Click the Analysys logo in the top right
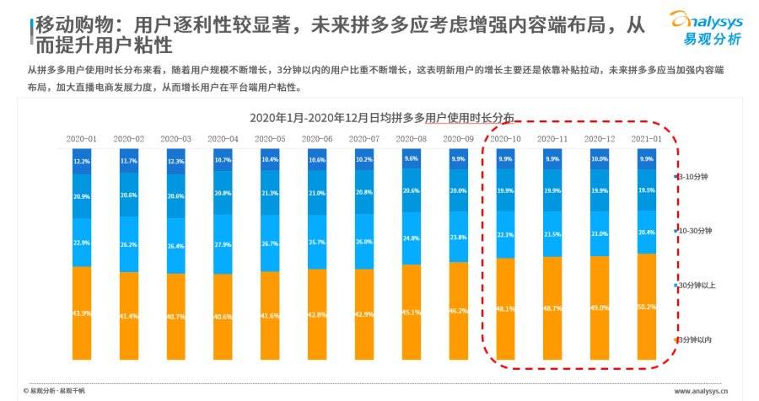coord(705,28)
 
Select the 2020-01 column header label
coord(82,138)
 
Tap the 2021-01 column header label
coord(646,138)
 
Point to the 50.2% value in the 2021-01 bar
coord(646,307)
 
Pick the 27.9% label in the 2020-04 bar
coord(223,245)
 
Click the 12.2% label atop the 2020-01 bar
coord(82,161)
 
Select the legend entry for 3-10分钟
coord(693,177)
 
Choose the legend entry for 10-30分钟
coord(695,230)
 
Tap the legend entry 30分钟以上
coord(695,285)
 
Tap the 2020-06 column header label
coord(317,138)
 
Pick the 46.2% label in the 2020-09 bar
coord(458,311)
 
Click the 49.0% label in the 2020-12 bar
coord(599,308)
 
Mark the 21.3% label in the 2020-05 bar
coord(270,193)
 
